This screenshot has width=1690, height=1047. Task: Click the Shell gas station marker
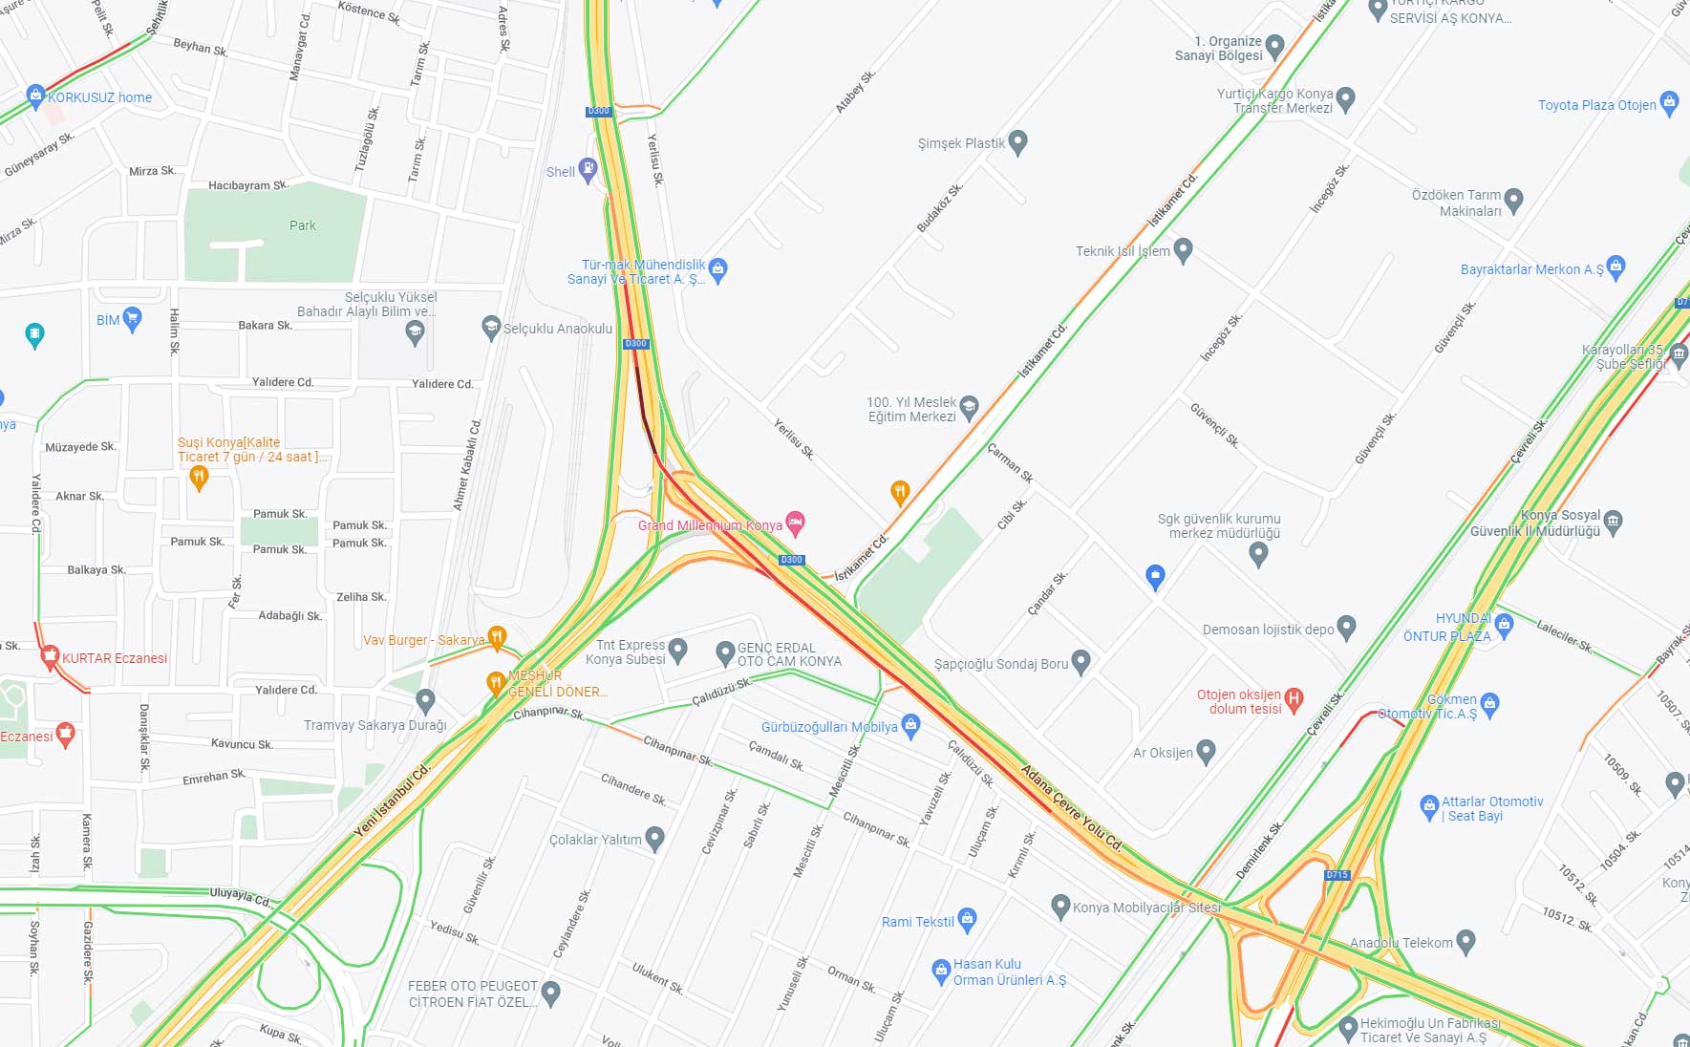tap(588, 171)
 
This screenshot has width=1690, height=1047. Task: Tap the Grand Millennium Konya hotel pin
tap(795, 523)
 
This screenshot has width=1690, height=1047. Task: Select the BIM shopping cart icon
tap(133, 318)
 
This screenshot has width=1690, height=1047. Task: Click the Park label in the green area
tap(302, 225)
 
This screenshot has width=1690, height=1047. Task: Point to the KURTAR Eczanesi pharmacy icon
tap(50, 656)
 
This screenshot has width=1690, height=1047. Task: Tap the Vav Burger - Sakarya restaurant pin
tap(497, 637)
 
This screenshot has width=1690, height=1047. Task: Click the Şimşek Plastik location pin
tap(1017, 142)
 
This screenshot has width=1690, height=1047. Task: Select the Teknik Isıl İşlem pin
tap(1183, 250)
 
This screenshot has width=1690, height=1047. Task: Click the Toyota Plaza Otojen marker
tap(1669, 103)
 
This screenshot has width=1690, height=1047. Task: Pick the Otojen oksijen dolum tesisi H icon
tap(1294, 699)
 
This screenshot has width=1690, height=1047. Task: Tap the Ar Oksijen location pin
tap(1206, 752)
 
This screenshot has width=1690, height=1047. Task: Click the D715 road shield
tap(1337, 875)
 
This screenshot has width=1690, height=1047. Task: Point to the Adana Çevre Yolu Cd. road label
tap(1071, 808)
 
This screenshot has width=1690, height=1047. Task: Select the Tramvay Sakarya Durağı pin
tap(426, 702)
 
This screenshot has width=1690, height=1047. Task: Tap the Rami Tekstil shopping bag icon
tap(967, 920)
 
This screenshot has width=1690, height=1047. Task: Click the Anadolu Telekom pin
tap(1465, 942)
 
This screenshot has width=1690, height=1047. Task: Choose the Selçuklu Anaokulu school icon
tap(491, 328)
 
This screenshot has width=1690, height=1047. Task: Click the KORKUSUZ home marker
tap(36, 96)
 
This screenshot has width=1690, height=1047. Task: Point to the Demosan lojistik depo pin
tap(1346, 628)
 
